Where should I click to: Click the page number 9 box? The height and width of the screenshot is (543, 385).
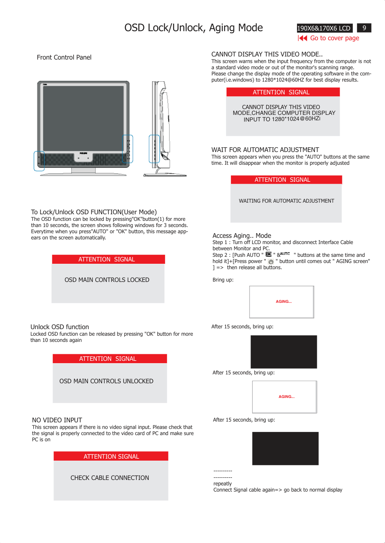(x=364, y=28)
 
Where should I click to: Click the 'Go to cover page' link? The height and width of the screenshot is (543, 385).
(x=335, y=38)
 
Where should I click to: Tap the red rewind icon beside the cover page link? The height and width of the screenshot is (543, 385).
(x=302, y=38)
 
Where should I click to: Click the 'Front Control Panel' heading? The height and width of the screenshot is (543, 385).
(x=64, y=58)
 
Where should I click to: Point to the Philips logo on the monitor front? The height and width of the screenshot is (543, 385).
(x=83, y=153)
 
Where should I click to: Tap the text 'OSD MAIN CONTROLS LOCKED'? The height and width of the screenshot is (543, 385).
(x=107, y=280)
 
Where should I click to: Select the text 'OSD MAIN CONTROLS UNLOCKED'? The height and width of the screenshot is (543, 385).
(x=107, y=381)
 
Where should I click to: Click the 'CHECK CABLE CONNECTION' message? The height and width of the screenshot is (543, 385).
(x=110, y=478)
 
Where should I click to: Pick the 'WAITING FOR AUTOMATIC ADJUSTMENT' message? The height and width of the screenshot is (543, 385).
(x=287, y=201)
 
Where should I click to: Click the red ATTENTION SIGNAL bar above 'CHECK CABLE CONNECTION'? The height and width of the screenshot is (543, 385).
(x=111, y=456)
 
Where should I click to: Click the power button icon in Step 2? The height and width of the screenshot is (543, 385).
(x=271, y=261)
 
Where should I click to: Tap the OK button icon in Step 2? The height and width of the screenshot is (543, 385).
(x=268, y=254)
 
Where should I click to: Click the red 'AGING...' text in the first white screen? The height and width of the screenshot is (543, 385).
(x=284, y=302)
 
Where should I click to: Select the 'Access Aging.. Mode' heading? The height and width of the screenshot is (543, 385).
(x=242, y=236)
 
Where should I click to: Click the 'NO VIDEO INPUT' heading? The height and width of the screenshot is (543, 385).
(x=57, y=420)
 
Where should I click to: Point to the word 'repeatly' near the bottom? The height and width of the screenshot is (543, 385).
(x=223, y=483)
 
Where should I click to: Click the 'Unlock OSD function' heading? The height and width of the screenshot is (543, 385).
(x=60, y=327)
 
